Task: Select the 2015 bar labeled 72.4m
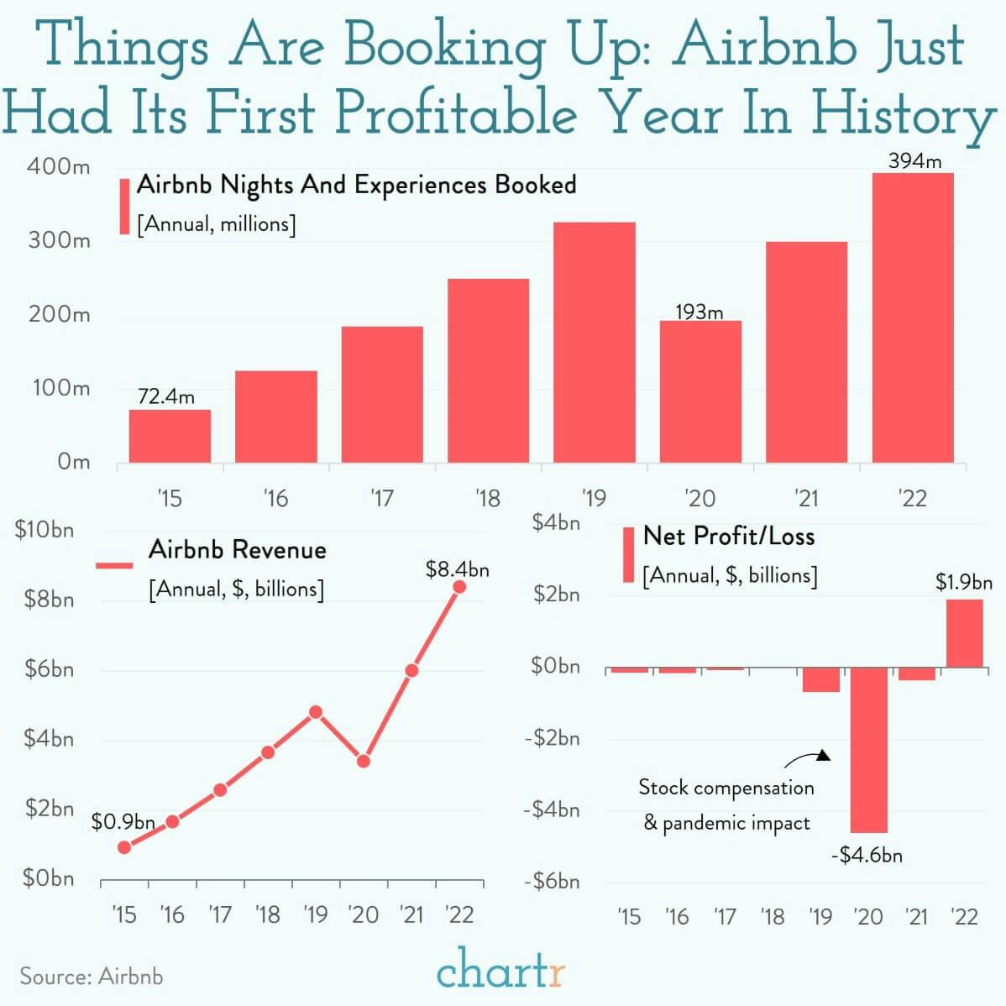point(170,436)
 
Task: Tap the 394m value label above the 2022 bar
point(914,160)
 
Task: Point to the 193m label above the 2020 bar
point(699,312)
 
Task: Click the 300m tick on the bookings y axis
point(58,241)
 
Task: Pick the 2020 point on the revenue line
point(364,761)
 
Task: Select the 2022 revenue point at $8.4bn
point(459,586)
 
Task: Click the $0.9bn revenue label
point(123,822)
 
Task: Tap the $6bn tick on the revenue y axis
point(48,669)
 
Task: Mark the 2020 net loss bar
point(868,749)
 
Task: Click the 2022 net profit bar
point(964,633)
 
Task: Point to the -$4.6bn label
point(867,856)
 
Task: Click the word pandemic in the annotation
point(704,823)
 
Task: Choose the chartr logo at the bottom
point(501,973)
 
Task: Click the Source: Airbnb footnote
point(92,977)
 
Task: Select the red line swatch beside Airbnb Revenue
point(114,566)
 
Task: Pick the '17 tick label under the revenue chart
point(219,914)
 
